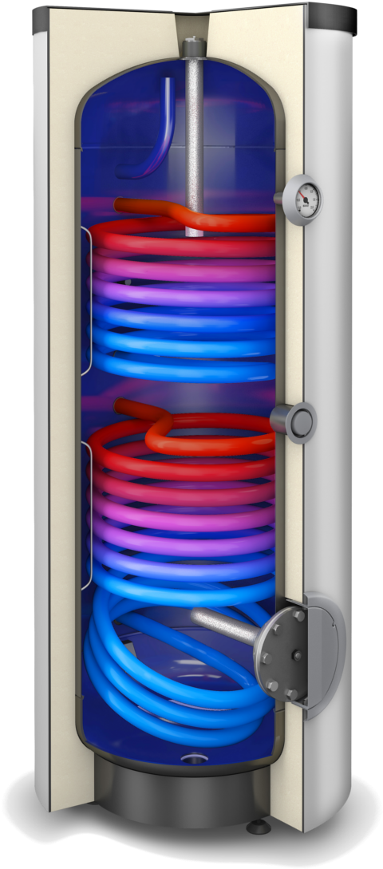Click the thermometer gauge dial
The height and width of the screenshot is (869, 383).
coord(304,196)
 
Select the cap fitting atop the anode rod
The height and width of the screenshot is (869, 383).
coord(193,47)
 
